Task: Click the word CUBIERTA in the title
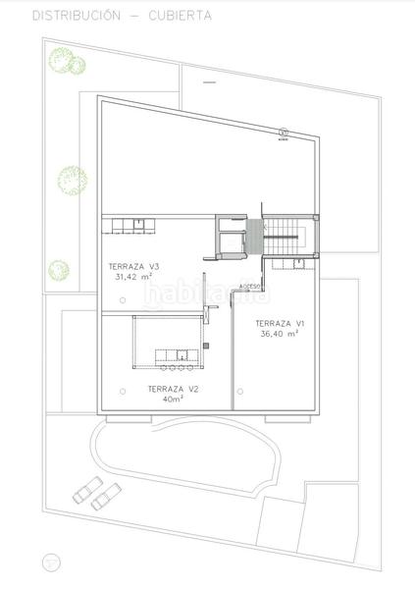[180, 16]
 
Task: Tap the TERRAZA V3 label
[133, 267]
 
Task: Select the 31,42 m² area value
[133, 277]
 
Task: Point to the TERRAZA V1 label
[281, 323]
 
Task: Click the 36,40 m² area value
[280, 334]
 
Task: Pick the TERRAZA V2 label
[173, 390]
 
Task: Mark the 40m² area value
[173, 400]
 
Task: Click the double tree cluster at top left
[65, 61]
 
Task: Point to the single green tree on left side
[70, 180]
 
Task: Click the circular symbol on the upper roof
[284, 132]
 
